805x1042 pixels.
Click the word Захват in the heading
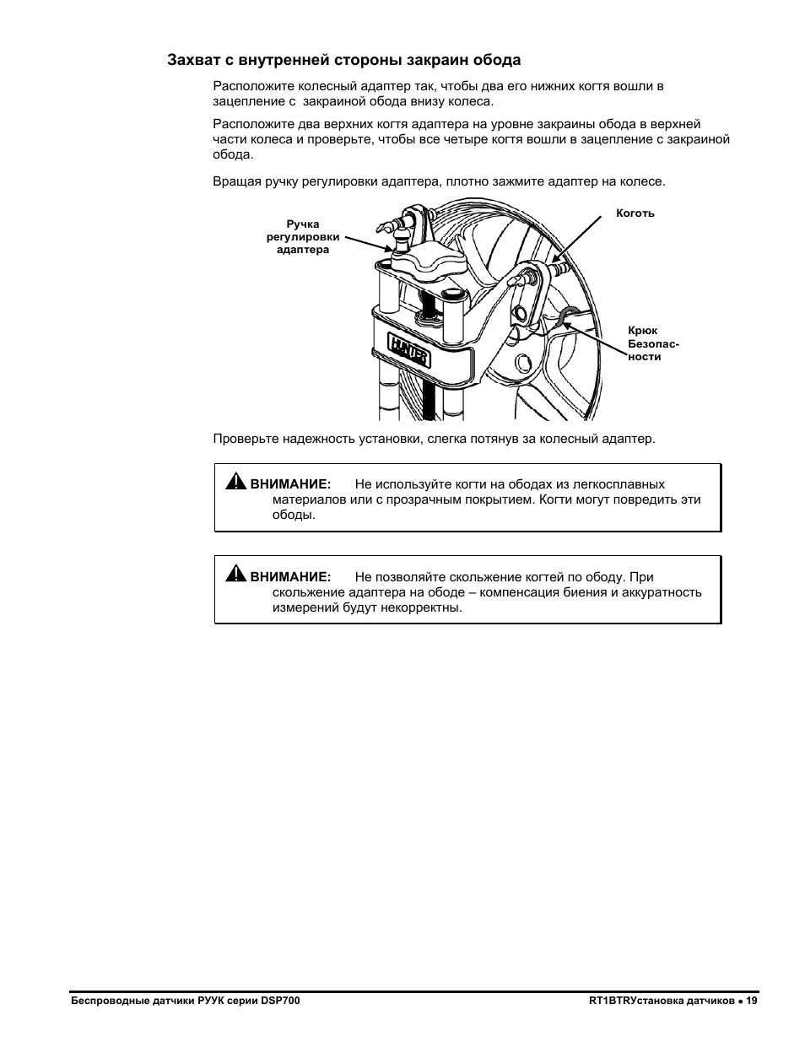pos(193,61)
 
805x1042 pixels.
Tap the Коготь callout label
pos(635,213)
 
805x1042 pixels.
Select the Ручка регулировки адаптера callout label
pos(303,237)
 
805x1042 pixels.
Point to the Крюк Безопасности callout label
pos(653,343)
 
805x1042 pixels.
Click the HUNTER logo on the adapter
pos(409,350)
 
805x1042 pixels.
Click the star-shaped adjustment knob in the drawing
pos(429,262)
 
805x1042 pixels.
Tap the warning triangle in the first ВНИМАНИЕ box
pos(236,481)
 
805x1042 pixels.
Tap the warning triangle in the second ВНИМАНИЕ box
pos(236,574)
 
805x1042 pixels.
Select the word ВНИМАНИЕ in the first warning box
pos(290,483)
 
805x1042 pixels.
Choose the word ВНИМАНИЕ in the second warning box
pos(290,577)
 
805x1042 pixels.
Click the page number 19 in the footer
pos(751,1001)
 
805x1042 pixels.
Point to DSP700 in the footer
pos(280,1001)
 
